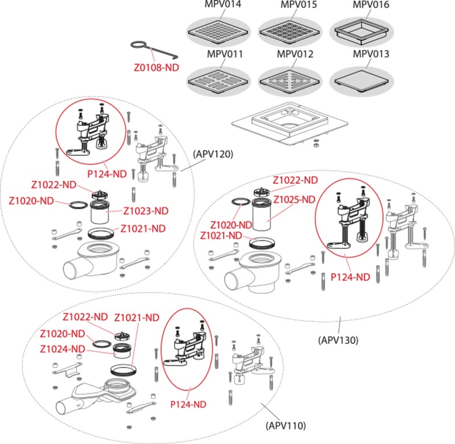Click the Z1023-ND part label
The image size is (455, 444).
click(x=146, y=211)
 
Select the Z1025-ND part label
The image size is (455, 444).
click(x=294, y=200)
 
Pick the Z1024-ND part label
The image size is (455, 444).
click(x=63, y=348)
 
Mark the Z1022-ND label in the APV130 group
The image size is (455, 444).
click(x=295, y=180)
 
